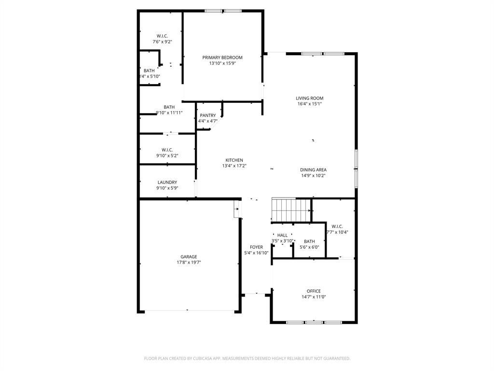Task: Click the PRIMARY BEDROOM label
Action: pos(222,57)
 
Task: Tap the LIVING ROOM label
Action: pos(310,98)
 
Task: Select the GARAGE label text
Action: pos(189,257)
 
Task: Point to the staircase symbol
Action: pos(290,210)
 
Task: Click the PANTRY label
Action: pos(208,115)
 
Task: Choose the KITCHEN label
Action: pos(234,160)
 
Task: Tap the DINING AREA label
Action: pos(314,170)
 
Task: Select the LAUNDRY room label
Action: pos(167,182)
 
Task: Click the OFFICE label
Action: pos(314,291)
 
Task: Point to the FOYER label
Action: pos(256,247)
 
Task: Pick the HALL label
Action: pos(282,235)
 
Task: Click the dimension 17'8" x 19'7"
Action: pos(189,263)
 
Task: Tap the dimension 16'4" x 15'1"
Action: pos(310,104)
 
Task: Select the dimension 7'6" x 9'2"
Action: pos(163,42)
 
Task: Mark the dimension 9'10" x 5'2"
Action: pos(167,156)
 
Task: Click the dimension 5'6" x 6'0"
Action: pos(309,247)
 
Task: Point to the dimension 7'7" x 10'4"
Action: pos(337,232)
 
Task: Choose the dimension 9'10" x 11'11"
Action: pos(169,113)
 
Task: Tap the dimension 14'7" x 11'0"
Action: pos(314,297)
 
